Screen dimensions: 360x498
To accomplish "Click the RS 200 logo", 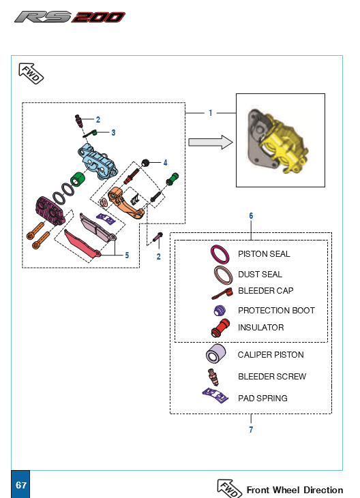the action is point(70,17).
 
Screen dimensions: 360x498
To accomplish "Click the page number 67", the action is point(21,485).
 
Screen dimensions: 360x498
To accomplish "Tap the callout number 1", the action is point(211,113).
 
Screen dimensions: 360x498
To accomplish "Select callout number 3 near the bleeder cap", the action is point(113,132).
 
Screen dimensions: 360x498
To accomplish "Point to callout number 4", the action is point(165,163).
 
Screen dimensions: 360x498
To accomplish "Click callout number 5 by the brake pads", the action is point(127,255).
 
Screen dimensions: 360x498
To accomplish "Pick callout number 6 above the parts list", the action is point(251,216).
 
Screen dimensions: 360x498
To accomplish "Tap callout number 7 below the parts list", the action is point(251,429).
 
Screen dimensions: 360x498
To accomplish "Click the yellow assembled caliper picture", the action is point(277,141).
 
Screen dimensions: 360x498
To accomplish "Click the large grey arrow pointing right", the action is point(211,142).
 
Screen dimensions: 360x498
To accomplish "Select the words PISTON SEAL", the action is point(264,254).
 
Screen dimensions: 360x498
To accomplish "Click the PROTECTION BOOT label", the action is point(276,310).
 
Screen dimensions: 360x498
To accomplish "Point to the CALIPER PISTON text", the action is point(271,355).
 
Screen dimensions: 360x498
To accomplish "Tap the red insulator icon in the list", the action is point(220,328).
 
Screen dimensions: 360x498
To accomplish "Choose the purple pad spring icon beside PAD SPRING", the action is point(215,395).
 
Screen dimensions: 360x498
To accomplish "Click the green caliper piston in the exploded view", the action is point(77,179).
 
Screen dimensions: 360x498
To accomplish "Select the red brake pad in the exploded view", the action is point(82,244).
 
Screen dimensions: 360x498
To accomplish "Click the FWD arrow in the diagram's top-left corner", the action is point(31,74).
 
